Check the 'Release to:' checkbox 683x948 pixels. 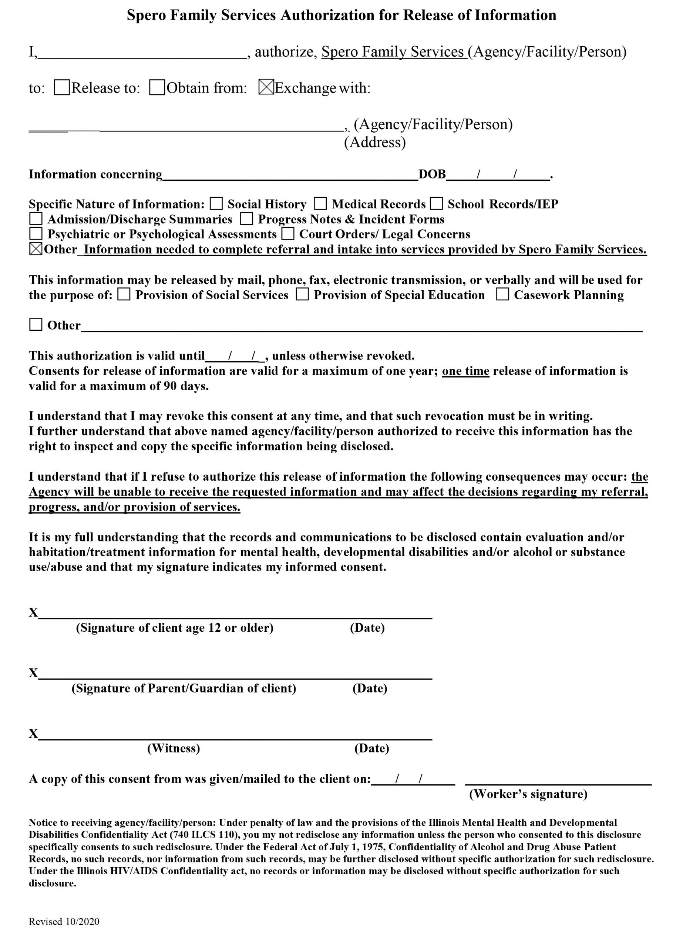click(62, 87)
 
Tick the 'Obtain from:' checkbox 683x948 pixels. click(157, 87)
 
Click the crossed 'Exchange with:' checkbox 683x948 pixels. click(266, 87)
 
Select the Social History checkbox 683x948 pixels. click(216, 204)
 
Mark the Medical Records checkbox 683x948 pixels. click(320, 204)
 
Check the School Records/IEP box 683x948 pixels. click(437, 204)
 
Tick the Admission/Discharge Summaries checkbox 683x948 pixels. click(36, 218)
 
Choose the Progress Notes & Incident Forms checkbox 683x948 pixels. click(246, 218)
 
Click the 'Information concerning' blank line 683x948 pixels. click(290, 176)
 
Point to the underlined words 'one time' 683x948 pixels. click(465, 371)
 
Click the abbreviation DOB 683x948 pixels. click(432, 174)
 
